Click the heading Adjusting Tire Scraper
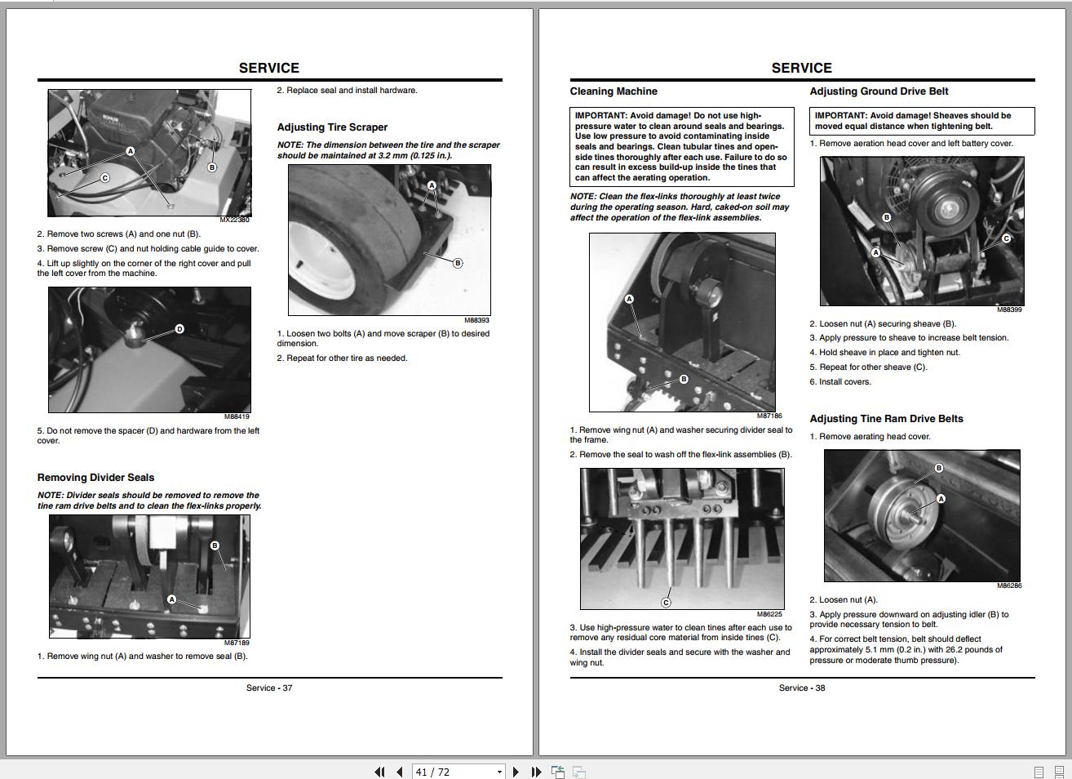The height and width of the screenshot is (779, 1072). pos(332,127)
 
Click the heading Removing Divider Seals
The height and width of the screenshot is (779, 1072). pos(95,478)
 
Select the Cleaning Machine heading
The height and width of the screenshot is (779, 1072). pos(614,91)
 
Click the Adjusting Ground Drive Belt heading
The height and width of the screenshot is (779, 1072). pos(879,91)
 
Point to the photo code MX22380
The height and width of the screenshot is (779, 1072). pos(234,220)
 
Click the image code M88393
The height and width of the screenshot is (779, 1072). pos(476,320)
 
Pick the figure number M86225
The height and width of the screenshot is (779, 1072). pos(769,614)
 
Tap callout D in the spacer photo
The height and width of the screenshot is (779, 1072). pos(179,329)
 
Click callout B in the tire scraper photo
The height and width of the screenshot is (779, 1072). pos(458,263)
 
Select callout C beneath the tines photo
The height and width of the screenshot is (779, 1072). pos(666,603)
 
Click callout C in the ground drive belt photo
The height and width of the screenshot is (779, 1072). pos(1006,238)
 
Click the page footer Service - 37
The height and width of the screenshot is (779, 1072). pos(269,688)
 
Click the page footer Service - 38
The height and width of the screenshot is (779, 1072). pos(802,688)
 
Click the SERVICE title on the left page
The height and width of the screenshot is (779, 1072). pos(269,68)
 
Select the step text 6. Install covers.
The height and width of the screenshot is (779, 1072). pos(840,382)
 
